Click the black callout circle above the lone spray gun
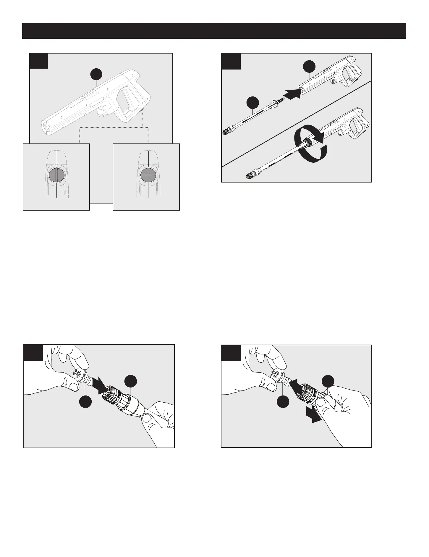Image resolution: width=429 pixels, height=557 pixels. (96, 74)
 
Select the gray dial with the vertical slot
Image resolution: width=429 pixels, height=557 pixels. (56, 175)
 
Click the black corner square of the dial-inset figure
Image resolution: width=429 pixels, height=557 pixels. (39, 61)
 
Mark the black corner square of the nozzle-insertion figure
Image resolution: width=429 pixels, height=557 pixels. (33, 353)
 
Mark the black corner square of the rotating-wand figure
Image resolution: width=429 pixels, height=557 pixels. (231, 61)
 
